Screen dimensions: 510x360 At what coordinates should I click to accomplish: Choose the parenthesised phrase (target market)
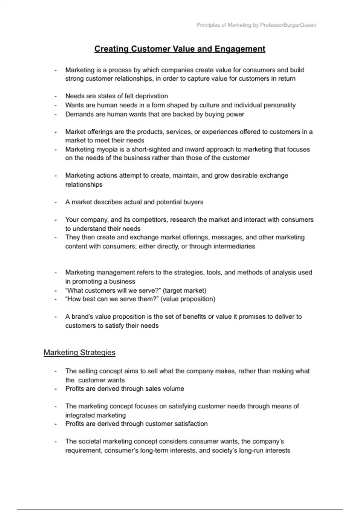click(184, 290)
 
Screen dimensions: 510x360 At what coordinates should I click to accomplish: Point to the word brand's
click(82, 317)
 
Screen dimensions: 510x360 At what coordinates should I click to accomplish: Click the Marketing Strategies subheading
click(79, 352)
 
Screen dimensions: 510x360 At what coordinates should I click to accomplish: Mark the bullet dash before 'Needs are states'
click(55, 97)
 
